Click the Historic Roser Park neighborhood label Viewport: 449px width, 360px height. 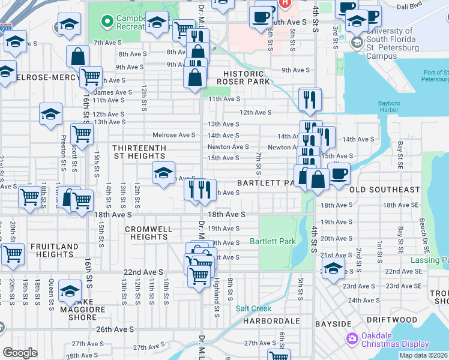point(240,77)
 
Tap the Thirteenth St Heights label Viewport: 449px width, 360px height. point(140,151)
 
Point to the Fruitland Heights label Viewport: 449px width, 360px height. point(55,250)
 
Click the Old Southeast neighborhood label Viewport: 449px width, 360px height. point(384,190)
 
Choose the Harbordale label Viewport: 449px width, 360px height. point(271,321)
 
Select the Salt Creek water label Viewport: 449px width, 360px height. point(253,308)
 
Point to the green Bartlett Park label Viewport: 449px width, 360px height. point(273,241)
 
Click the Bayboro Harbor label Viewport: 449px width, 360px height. point(393,106)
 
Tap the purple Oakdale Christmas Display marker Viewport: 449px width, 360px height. point(352,340)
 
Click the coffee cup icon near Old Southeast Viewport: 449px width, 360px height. point(339,174)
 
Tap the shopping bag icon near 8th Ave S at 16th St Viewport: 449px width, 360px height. point(78,57)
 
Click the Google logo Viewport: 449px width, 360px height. point(20,353)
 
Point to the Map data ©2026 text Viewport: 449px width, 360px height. point(423,355)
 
